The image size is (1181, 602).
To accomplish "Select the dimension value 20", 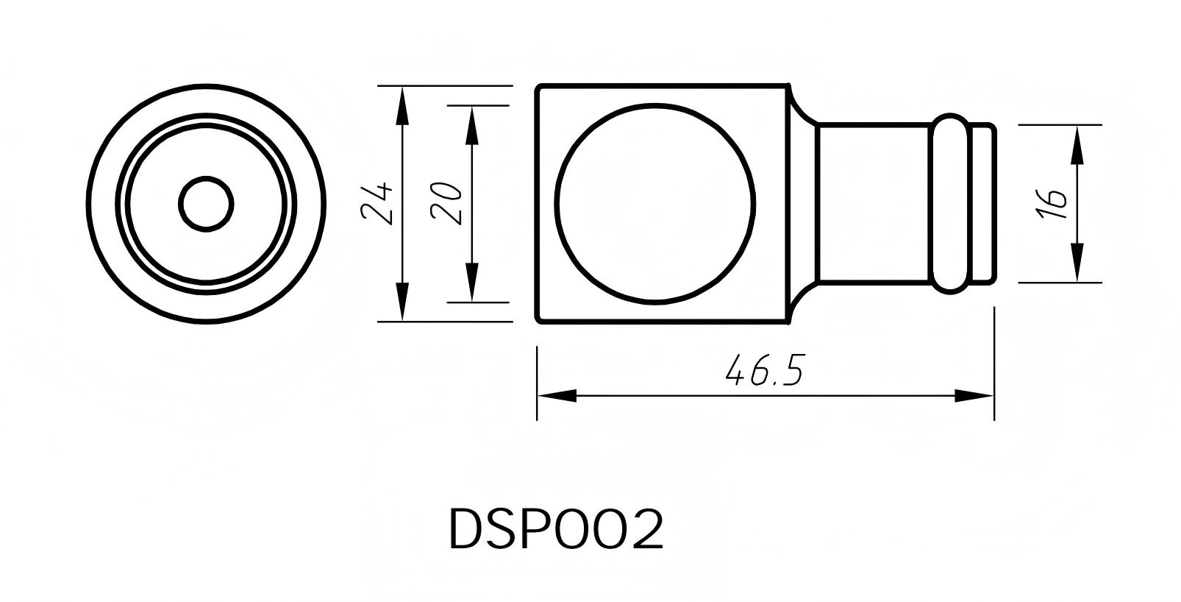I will coord(446,203).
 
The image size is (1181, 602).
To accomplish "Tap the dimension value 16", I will coord(1052,203).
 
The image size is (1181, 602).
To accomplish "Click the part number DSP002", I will coord(556,529).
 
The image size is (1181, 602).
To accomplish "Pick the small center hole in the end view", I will coord(207,204).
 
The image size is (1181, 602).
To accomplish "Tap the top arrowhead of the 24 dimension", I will coord(402,103).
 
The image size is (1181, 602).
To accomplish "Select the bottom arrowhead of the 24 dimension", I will coord(402,304).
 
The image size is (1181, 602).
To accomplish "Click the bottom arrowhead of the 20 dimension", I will coord(471,284).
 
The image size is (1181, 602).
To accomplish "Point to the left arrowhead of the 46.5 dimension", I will coord(556,396).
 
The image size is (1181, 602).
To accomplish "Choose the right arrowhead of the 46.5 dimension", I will coord(975,396).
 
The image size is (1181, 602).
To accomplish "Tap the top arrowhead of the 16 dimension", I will coord(1077,144).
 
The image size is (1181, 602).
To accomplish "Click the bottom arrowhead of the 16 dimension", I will coord(1077,263).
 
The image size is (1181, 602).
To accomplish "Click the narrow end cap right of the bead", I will coord(982,204).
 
